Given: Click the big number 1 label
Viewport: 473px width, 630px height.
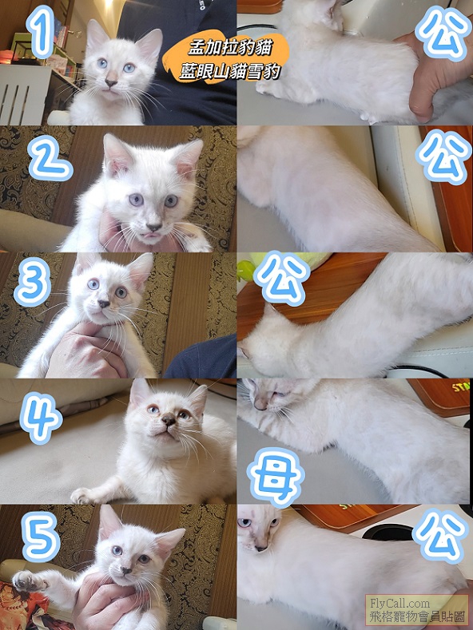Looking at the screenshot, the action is pos(40,31).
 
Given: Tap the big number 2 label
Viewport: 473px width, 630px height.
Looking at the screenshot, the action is pos(50,159).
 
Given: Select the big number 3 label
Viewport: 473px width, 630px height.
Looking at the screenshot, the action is pos(32,282).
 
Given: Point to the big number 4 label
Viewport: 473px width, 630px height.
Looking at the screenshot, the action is pos(41,418).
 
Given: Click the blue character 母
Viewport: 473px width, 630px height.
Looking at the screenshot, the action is pos(276,477).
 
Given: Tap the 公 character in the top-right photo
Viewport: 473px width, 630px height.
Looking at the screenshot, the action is pos(443,33).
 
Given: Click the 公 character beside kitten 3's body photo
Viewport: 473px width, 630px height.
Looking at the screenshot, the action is pos(281,278).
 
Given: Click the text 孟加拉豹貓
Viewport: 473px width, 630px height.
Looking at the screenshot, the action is pos(230,48).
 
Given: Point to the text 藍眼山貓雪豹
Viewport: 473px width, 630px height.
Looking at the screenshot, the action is pos(229,72).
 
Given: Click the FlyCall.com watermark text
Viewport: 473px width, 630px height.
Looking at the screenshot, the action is pos(395,603).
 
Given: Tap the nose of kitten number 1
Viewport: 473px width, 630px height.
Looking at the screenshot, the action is pos(110,84).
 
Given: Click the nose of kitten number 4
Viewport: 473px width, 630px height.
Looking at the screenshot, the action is pos(169,421).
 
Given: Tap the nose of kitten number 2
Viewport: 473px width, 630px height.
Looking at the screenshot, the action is pos(153,227).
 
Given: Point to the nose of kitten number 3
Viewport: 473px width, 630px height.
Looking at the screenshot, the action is pos(104,303).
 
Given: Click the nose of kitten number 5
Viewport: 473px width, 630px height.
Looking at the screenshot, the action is pos(127,570).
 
